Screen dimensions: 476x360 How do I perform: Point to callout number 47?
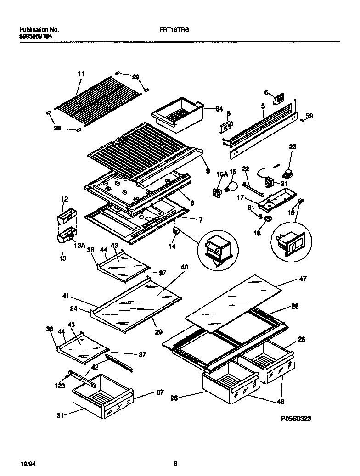(303, 279)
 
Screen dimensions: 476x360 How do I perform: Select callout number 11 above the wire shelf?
(81, 74)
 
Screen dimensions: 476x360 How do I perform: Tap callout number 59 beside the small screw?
(309, 117)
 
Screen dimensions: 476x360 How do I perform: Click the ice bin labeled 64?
(177, 113)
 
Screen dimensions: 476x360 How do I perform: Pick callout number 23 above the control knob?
(292, 147)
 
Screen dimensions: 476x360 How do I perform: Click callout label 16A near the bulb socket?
(222, 174)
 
